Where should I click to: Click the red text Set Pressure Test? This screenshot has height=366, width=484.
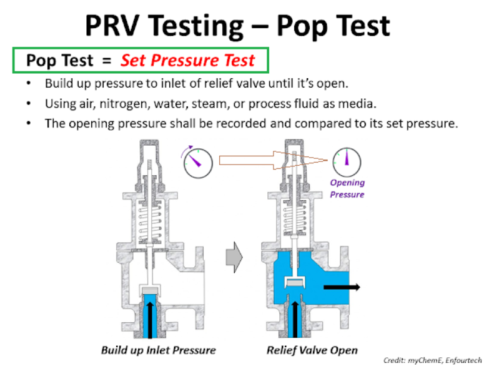pyautogui.click(x=188, y=61)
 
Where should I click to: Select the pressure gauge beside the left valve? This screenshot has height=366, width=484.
pyautogui.click(x=198, y=161)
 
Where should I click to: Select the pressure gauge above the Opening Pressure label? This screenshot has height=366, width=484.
pyautogui.click(x=345, y=162)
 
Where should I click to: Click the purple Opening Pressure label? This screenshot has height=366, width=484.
pyautogui.click(x=347, y=188)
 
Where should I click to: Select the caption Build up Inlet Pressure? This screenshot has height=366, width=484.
pyautogui.click(x=158, y=350)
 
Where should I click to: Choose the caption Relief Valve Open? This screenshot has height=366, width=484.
pyautogui.click(x=312, y=350)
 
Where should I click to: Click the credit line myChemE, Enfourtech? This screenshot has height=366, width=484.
pyautogui.click(x=432, y=360)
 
